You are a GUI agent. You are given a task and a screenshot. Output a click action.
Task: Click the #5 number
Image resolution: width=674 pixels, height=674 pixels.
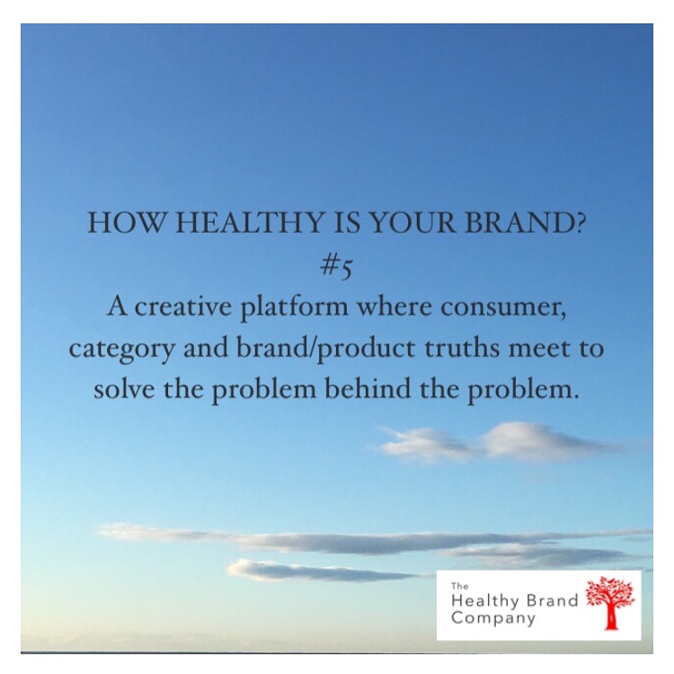336,268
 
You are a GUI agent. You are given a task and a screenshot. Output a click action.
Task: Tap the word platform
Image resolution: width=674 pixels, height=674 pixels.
295,308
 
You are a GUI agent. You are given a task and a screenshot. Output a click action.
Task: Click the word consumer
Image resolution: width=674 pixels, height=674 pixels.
503,307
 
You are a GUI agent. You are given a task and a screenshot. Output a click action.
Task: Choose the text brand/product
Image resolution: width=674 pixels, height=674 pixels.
326,349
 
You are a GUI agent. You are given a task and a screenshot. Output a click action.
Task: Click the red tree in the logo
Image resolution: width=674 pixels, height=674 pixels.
610,603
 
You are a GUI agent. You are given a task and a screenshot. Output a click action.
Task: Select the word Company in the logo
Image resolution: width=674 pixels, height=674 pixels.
493,618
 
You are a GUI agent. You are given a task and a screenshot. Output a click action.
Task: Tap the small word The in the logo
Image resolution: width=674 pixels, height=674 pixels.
459,585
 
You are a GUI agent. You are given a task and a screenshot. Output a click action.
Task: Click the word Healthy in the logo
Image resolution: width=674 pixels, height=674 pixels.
485,601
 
